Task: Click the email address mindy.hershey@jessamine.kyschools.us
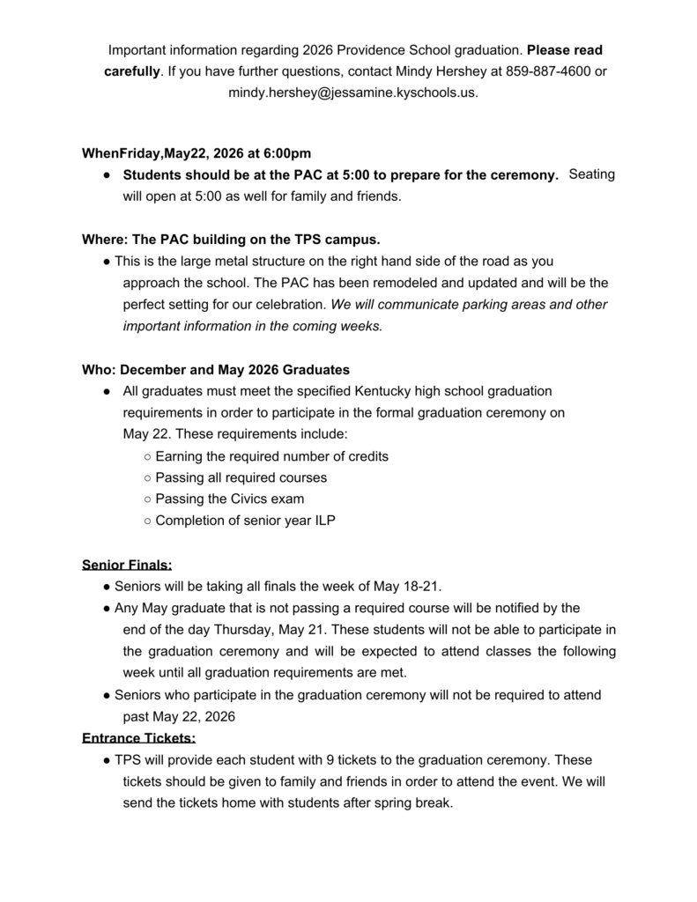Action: click(353, 92)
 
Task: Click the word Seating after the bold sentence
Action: click(592, 174)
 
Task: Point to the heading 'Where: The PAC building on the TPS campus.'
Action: click(231, 240)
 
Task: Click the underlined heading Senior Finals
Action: click(127, 565)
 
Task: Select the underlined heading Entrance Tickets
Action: click(138, 738)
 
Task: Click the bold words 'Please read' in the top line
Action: click(565, 50)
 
